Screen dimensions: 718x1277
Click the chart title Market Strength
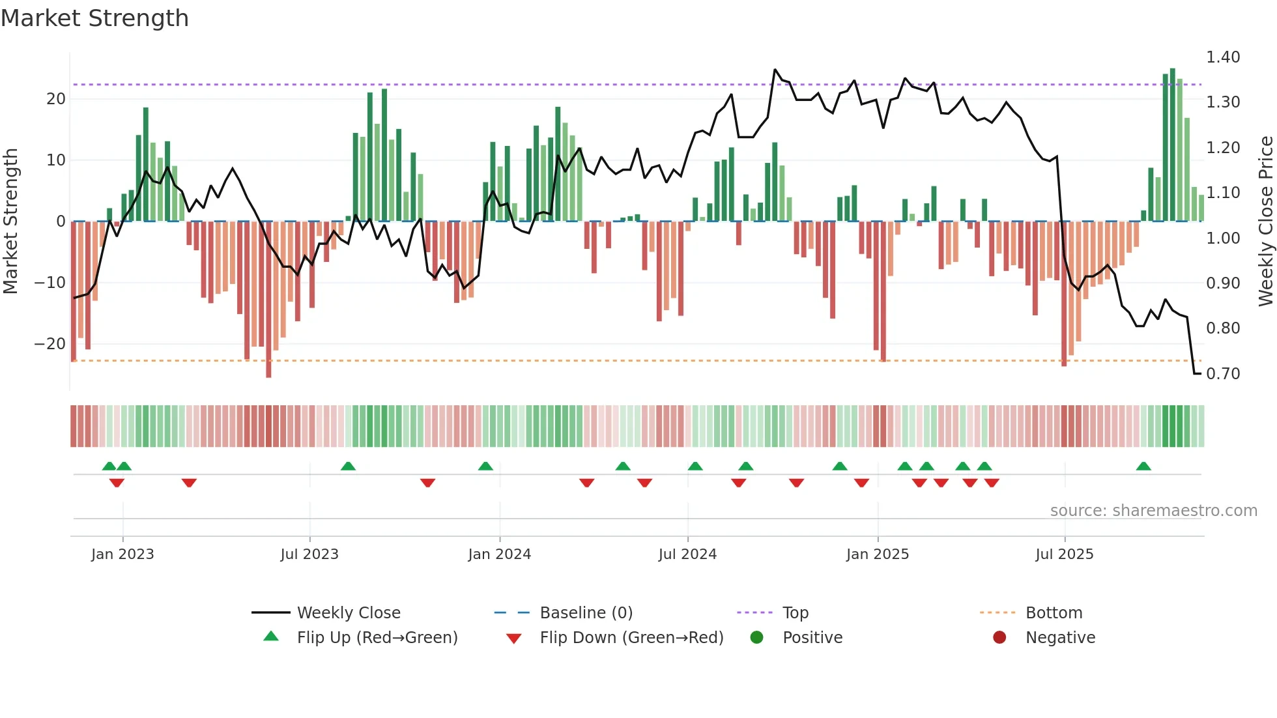click(x=94, y=18)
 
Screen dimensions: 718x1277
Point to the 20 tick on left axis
click(x=56, y=99)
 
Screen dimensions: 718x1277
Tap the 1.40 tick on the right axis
click(x=1223, y=57)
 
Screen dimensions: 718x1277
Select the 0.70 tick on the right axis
click(x=1223, y=374)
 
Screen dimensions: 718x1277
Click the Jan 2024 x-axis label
click(x=499, y=554)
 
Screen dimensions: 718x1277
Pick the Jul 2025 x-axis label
click(x=1064, y=554)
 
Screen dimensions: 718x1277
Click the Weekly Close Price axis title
click(x=1265, y=222)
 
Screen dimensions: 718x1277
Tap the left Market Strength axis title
click(x=10, y=222)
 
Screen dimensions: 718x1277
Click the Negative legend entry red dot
click(x=999, y=637)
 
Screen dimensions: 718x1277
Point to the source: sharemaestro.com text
click(x=1153, y=511)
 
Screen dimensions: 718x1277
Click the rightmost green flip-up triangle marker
click(x=1143, y=466)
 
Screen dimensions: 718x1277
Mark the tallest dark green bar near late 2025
click(x=1173, y=143)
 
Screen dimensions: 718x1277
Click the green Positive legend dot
click(x=756, y=637)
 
